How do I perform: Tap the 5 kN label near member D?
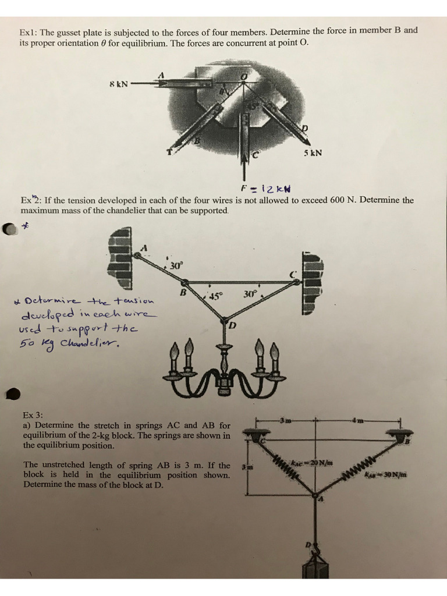tap(313, 154)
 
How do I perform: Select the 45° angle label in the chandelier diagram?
tap(215, 296)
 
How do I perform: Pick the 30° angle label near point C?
tap(249, 295)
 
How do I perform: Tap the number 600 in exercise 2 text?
tap(339, 200)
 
